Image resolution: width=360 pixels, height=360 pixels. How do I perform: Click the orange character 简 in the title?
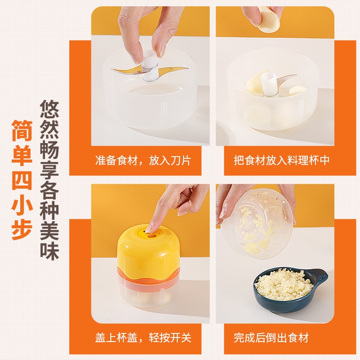(22, 131)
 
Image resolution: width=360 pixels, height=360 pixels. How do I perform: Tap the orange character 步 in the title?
(22, 229)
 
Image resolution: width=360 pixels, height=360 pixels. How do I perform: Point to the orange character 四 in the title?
(22, 180)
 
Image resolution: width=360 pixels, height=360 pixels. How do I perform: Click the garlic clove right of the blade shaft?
(297, 90)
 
